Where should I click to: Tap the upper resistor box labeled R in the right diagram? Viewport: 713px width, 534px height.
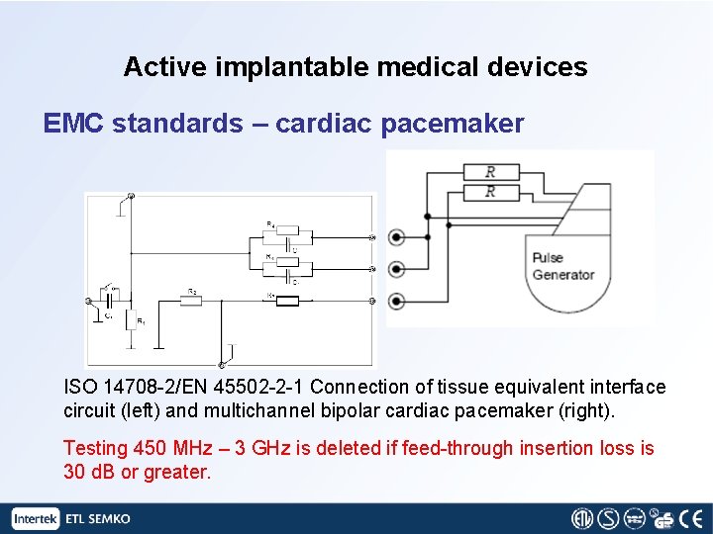490,172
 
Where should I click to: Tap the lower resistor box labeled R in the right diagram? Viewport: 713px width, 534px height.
490,191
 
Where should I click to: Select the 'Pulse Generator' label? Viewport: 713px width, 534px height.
562,266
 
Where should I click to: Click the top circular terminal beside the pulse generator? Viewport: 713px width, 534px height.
397,237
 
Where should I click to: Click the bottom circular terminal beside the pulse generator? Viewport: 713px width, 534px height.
397,301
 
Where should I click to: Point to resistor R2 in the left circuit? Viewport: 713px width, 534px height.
190,300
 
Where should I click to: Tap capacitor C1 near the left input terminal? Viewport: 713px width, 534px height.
110,301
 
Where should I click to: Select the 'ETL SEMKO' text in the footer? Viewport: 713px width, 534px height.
97,519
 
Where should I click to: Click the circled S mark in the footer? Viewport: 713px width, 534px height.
607,518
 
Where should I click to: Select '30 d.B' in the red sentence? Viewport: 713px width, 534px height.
90,472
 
